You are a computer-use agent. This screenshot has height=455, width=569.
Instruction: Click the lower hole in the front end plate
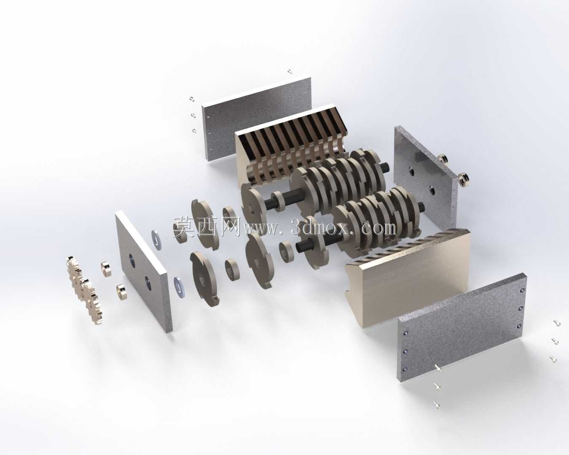[148, 283]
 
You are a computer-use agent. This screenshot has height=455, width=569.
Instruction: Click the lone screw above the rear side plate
[290, 71]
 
